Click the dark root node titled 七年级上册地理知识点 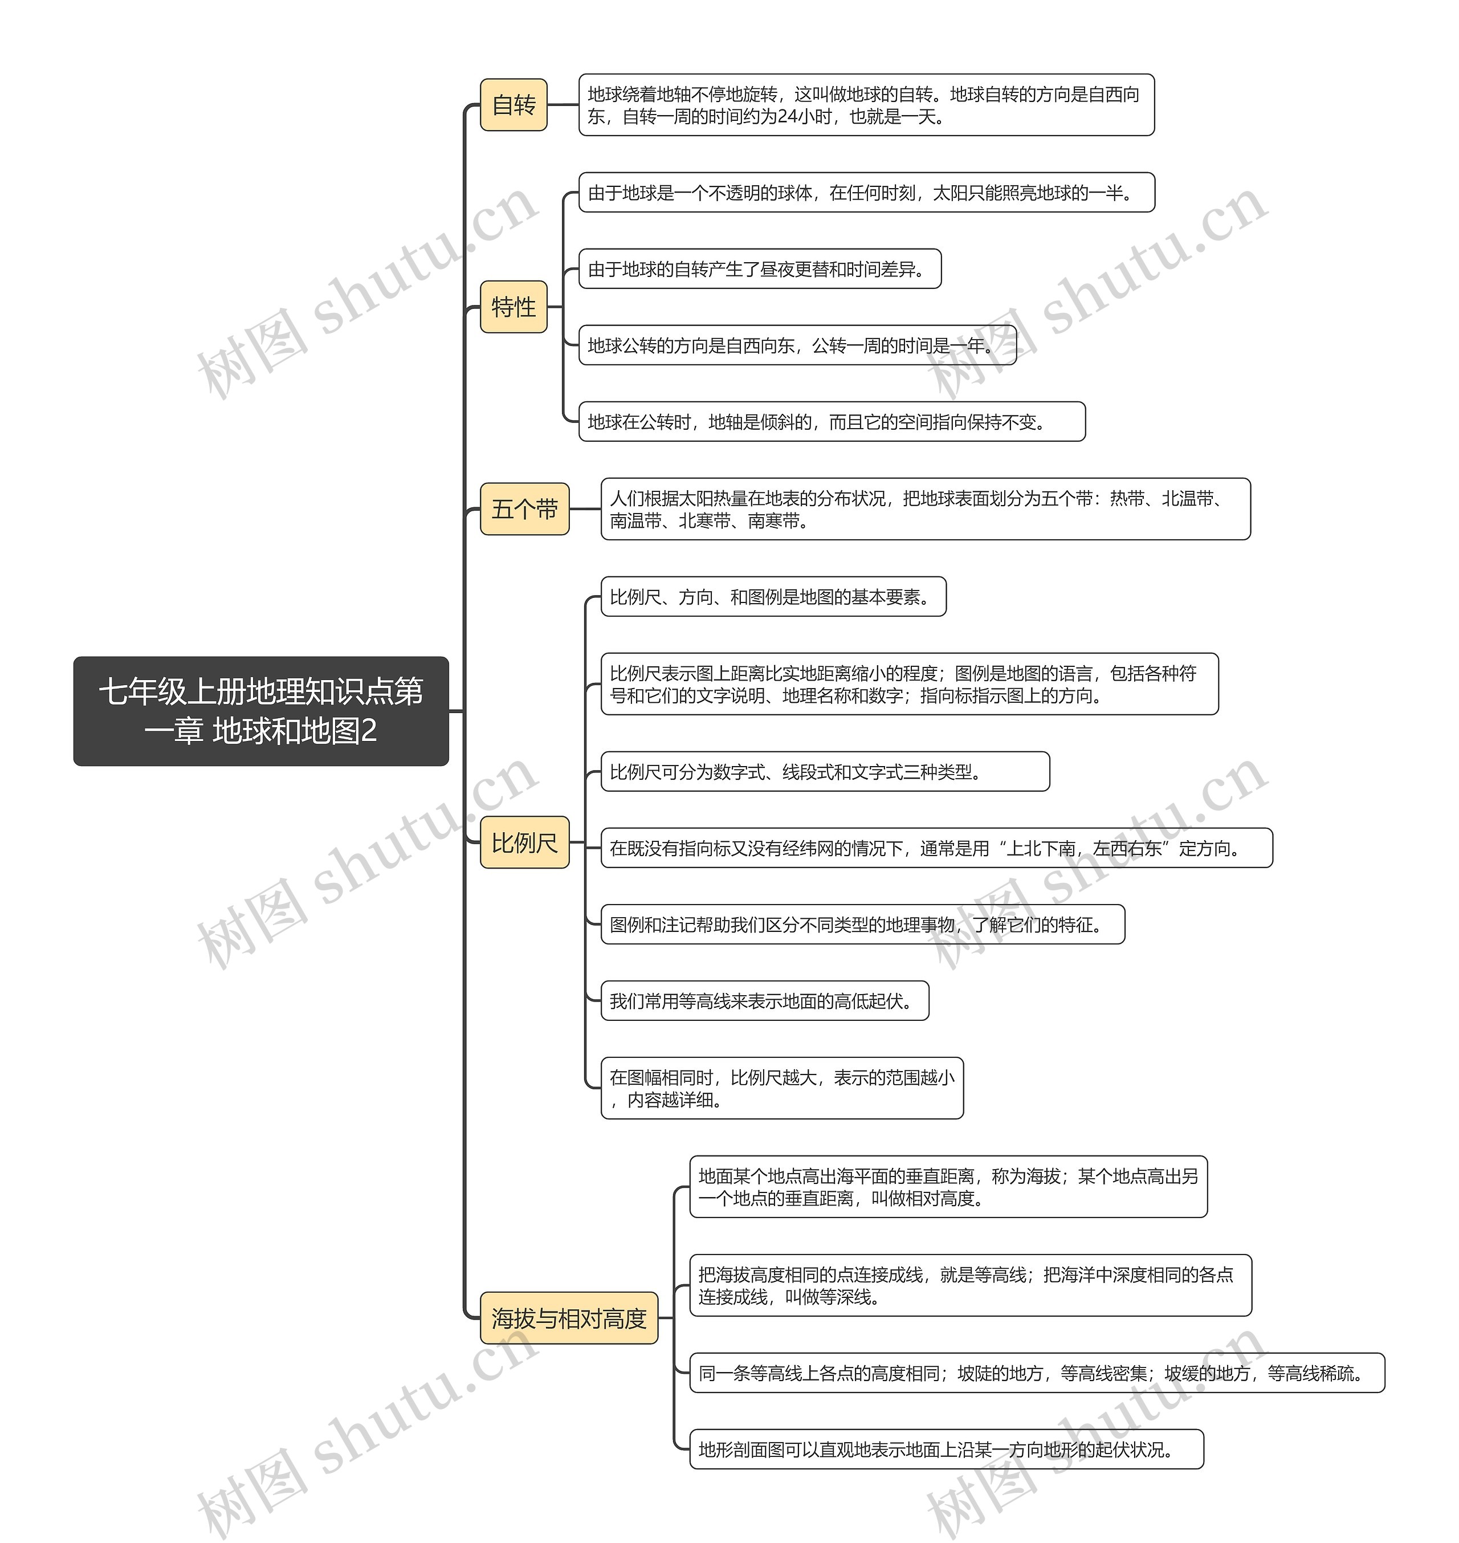pos(262,711)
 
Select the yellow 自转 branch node pos(513,105)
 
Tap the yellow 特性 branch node pos(513,307)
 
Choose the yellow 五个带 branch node pos(525,508)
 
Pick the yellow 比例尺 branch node pos(525,842)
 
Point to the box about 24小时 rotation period pos(866,105)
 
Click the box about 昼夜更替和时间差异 pos(760,268)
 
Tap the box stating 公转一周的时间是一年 pos(798,345)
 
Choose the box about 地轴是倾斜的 pos(832,422)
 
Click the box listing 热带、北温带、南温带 pos(926,508)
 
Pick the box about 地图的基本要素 pos(774,597)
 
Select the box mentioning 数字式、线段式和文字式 pos(825,772)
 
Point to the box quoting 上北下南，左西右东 pos(937,848)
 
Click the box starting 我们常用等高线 pos(765,1000)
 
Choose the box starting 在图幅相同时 pos(783,1088)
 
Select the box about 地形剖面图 pos(947,1449)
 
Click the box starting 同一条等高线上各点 pos(1037,1373)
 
